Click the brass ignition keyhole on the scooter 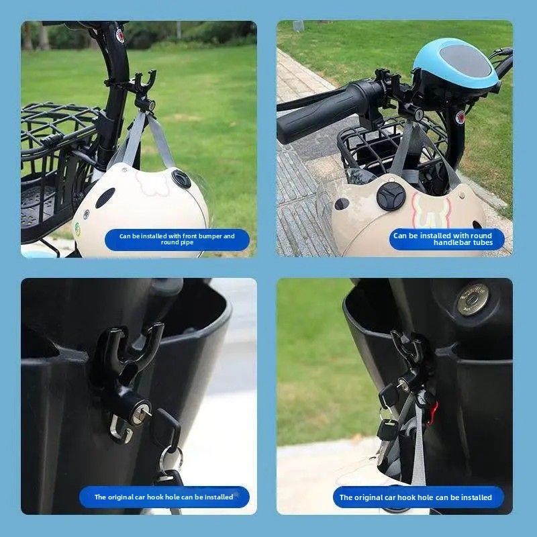click(x=473, y=299)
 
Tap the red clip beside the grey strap click(x=433, y=413)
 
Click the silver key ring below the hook click(x=170, y=458)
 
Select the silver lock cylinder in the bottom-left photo click(x=141, y=412)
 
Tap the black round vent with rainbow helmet click(x=391, y=196)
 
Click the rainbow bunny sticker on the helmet click(x=432, y=209)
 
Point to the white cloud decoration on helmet click(x=152, y=182)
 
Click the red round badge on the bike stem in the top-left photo click(x=119, y=35)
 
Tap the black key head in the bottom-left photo click(x=166, y=428)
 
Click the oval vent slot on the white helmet click(x=105, y=197)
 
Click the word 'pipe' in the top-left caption click(x=187, y=242)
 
